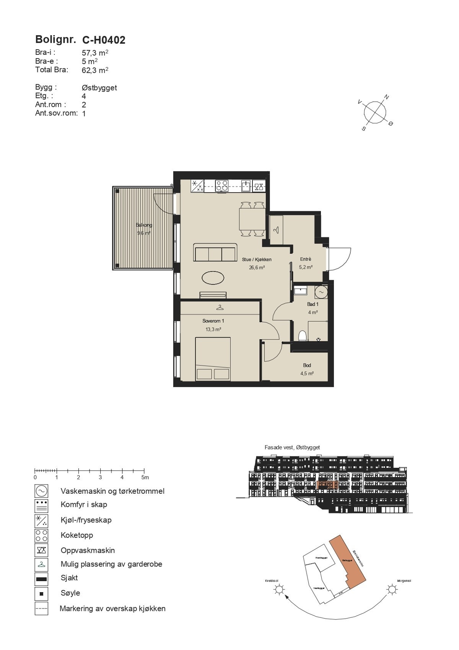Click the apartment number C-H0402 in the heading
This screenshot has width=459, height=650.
click(x=104, y=40)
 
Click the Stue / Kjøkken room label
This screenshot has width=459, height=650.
click(x=257, y=260)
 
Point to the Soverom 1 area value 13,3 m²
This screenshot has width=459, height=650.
click(x=213, y=329)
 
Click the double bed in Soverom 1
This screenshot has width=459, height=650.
click(x=213, y=359)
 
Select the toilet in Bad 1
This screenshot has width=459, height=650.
click(x=303, y=336)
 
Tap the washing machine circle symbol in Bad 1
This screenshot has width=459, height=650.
click(x=321, y=292)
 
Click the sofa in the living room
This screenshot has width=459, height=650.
click(x=214, y=253)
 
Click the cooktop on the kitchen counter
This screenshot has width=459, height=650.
click(x=222, y=186)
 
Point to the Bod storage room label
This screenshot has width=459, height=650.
click(x=307, y=365)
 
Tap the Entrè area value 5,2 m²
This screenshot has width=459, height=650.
click(x=305, y=267)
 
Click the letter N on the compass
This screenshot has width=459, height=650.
click(x=387, y=97)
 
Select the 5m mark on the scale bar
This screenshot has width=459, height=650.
click(x=145, y=477)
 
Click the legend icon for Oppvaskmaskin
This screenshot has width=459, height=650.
click(x=41, y=550)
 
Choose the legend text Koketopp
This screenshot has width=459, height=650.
click(x=77, y=535)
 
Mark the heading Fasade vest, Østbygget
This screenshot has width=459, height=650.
click(x=292, y=447)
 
